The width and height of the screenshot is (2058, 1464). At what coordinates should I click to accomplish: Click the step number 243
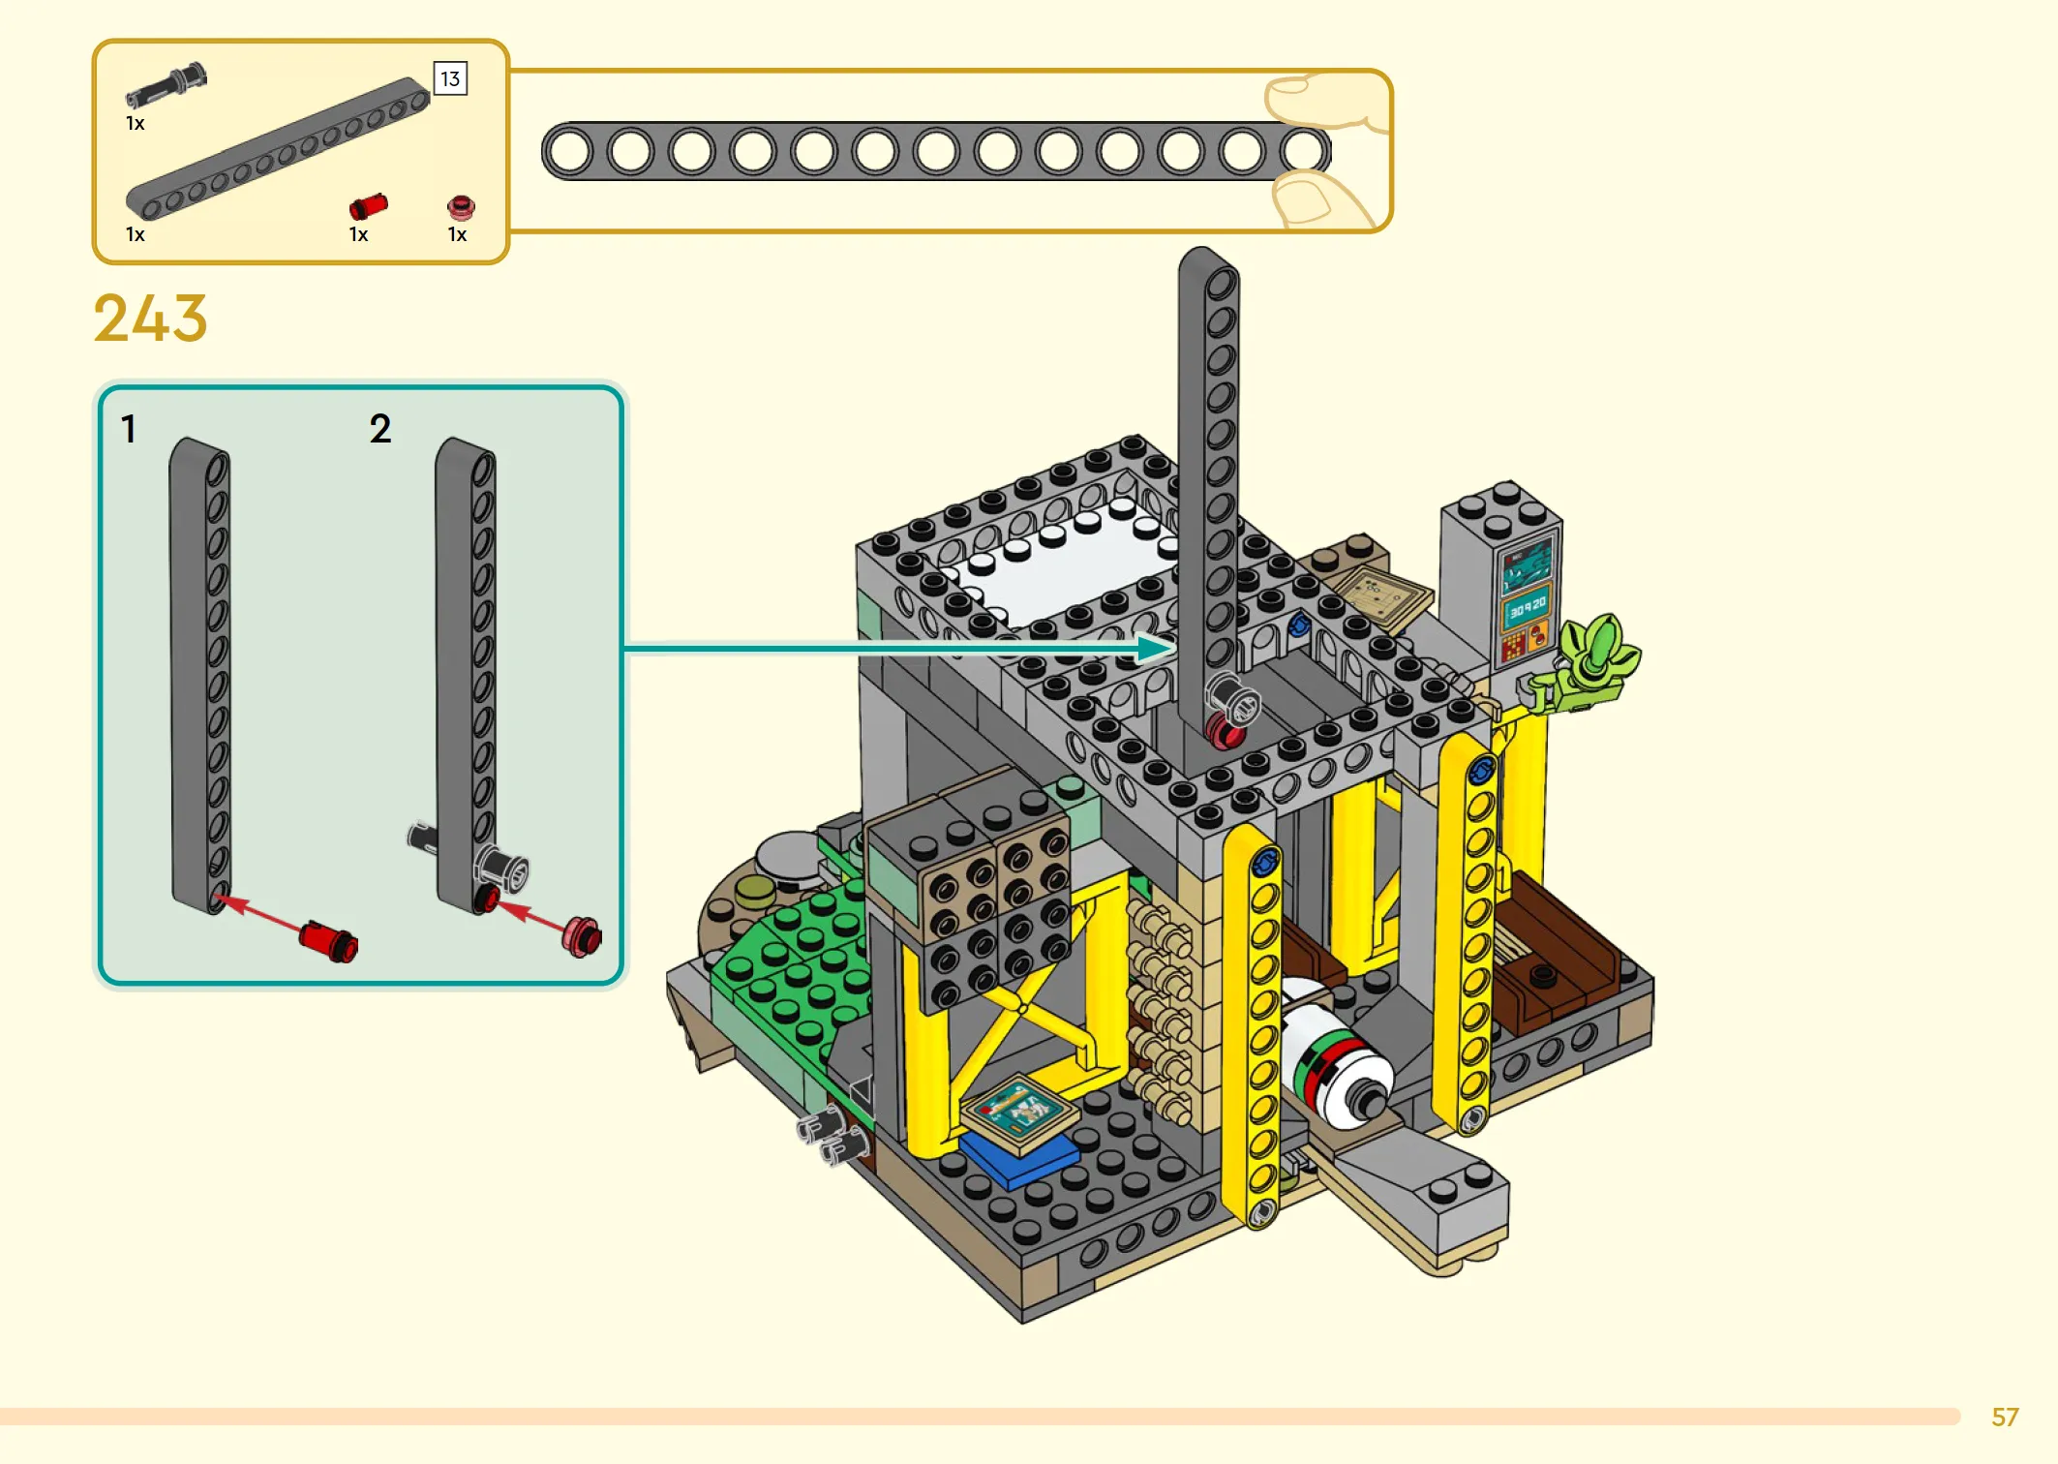coord(150,319)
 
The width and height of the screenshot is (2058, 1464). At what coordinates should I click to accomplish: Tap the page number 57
coord(2005,1417)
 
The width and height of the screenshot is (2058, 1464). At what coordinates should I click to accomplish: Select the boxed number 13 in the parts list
coord(450,78)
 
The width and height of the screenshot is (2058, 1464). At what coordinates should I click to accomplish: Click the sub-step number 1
coord(129,428)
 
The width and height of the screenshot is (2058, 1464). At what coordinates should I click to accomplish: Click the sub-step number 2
coord(380,428)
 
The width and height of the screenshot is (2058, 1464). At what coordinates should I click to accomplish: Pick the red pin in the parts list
coord(368,206)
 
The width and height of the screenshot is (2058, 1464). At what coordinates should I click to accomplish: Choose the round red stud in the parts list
coord(461,206)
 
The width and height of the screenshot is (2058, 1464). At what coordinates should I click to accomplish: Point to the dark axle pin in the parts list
coord(166,85)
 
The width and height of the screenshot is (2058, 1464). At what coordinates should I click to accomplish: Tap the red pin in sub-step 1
coord(328,940)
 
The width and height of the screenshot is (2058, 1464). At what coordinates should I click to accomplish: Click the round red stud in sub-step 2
coord(583,936)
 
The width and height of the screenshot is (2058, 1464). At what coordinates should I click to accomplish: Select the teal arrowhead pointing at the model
coord(1157,648)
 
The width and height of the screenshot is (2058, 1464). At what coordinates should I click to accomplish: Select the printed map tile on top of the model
coord(1378,597)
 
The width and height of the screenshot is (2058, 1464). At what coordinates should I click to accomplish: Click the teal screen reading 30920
coord(1528,608)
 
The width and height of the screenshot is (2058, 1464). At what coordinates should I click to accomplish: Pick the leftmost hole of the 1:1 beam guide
coord(570,152)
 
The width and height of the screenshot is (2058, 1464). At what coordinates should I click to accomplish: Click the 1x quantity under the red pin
coord(358,234)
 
